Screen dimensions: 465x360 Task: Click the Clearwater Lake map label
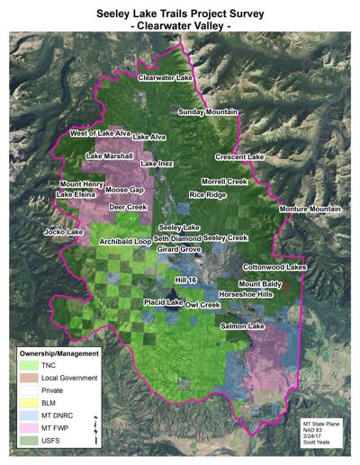click(166, 79)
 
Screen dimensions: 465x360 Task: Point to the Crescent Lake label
click(239, 157)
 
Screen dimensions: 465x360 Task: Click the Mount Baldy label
click(260, 284)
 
